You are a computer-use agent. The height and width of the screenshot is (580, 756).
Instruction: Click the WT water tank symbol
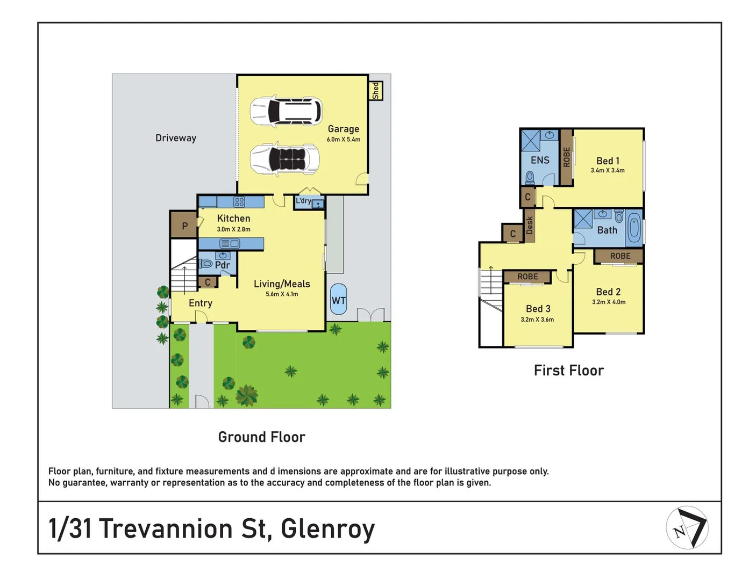[338, 300]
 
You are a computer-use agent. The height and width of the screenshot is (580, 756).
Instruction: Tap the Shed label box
[375, 90]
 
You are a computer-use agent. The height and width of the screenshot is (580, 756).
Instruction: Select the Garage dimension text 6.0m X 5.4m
[344, 140]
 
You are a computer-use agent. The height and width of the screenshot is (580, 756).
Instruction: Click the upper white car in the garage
[286, 112]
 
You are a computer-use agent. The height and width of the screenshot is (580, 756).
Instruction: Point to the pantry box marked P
[184, 226]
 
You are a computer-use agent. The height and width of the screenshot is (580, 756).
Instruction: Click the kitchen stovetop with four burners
[239, 202]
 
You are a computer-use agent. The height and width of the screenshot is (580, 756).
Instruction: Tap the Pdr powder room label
[222, 265]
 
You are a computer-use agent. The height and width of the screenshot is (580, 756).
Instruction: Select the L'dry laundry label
[303, 201]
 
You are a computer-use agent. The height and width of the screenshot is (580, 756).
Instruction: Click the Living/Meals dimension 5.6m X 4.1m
[282, 294]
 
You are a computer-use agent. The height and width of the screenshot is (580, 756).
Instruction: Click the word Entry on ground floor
[201, 303]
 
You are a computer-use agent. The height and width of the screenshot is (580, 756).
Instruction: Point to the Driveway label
[176, 138]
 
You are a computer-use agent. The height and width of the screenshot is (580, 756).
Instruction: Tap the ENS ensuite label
[540, 160]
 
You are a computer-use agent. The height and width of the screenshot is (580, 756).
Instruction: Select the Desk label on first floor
[530, 225]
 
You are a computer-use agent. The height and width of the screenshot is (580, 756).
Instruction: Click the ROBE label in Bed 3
[527, 277]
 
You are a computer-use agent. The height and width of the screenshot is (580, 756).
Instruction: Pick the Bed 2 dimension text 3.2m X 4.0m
[609, 302]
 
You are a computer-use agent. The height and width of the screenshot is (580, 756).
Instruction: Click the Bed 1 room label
[608, 161]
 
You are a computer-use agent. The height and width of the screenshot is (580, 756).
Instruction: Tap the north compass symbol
[687, 527]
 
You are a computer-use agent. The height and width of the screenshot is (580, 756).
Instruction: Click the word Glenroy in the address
[327, 528]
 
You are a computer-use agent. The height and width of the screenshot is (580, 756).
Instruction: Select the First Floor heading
[568, 371]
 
